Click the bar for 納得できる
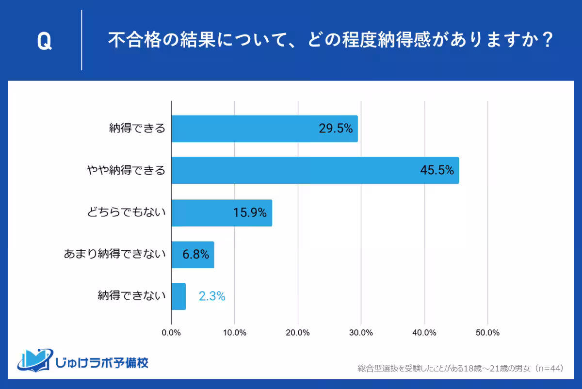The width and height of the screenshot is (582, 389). click(264, 129)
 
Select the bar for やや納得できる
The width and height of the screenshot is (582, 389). click(315, 170)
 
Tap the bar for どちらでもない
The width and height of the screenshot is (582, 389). click(222, 212)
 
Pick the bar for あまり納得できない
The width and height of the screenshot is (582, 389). click(193, 254)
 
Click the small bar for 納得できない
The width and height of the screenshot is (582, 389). click(178, 296)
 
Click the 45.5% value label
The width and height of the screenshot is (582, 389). click(437, 171)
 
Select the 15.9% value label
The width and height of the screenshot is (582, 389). click(250, 212)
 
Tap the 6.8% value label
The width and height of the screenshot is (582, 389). click(196, 254)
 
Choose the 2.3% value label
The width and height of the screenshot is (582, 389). click(212, 296)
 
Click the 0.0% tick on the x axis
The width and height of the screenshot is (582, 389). click(172, 333)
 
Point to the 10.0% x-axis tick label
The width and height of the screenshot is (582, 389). click(235, 333)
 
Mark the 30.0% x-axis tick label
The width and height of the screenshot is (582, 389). click(361, 333)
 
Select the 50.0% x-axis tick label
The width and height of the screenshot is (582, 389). click(487, 333)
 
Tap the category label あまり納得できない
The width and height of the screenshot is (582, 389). click(115, 254)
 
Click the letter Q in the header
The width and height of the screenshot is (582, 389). click(44, 42)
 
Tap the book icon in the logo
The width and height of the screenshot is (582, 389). click(34, 360)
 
